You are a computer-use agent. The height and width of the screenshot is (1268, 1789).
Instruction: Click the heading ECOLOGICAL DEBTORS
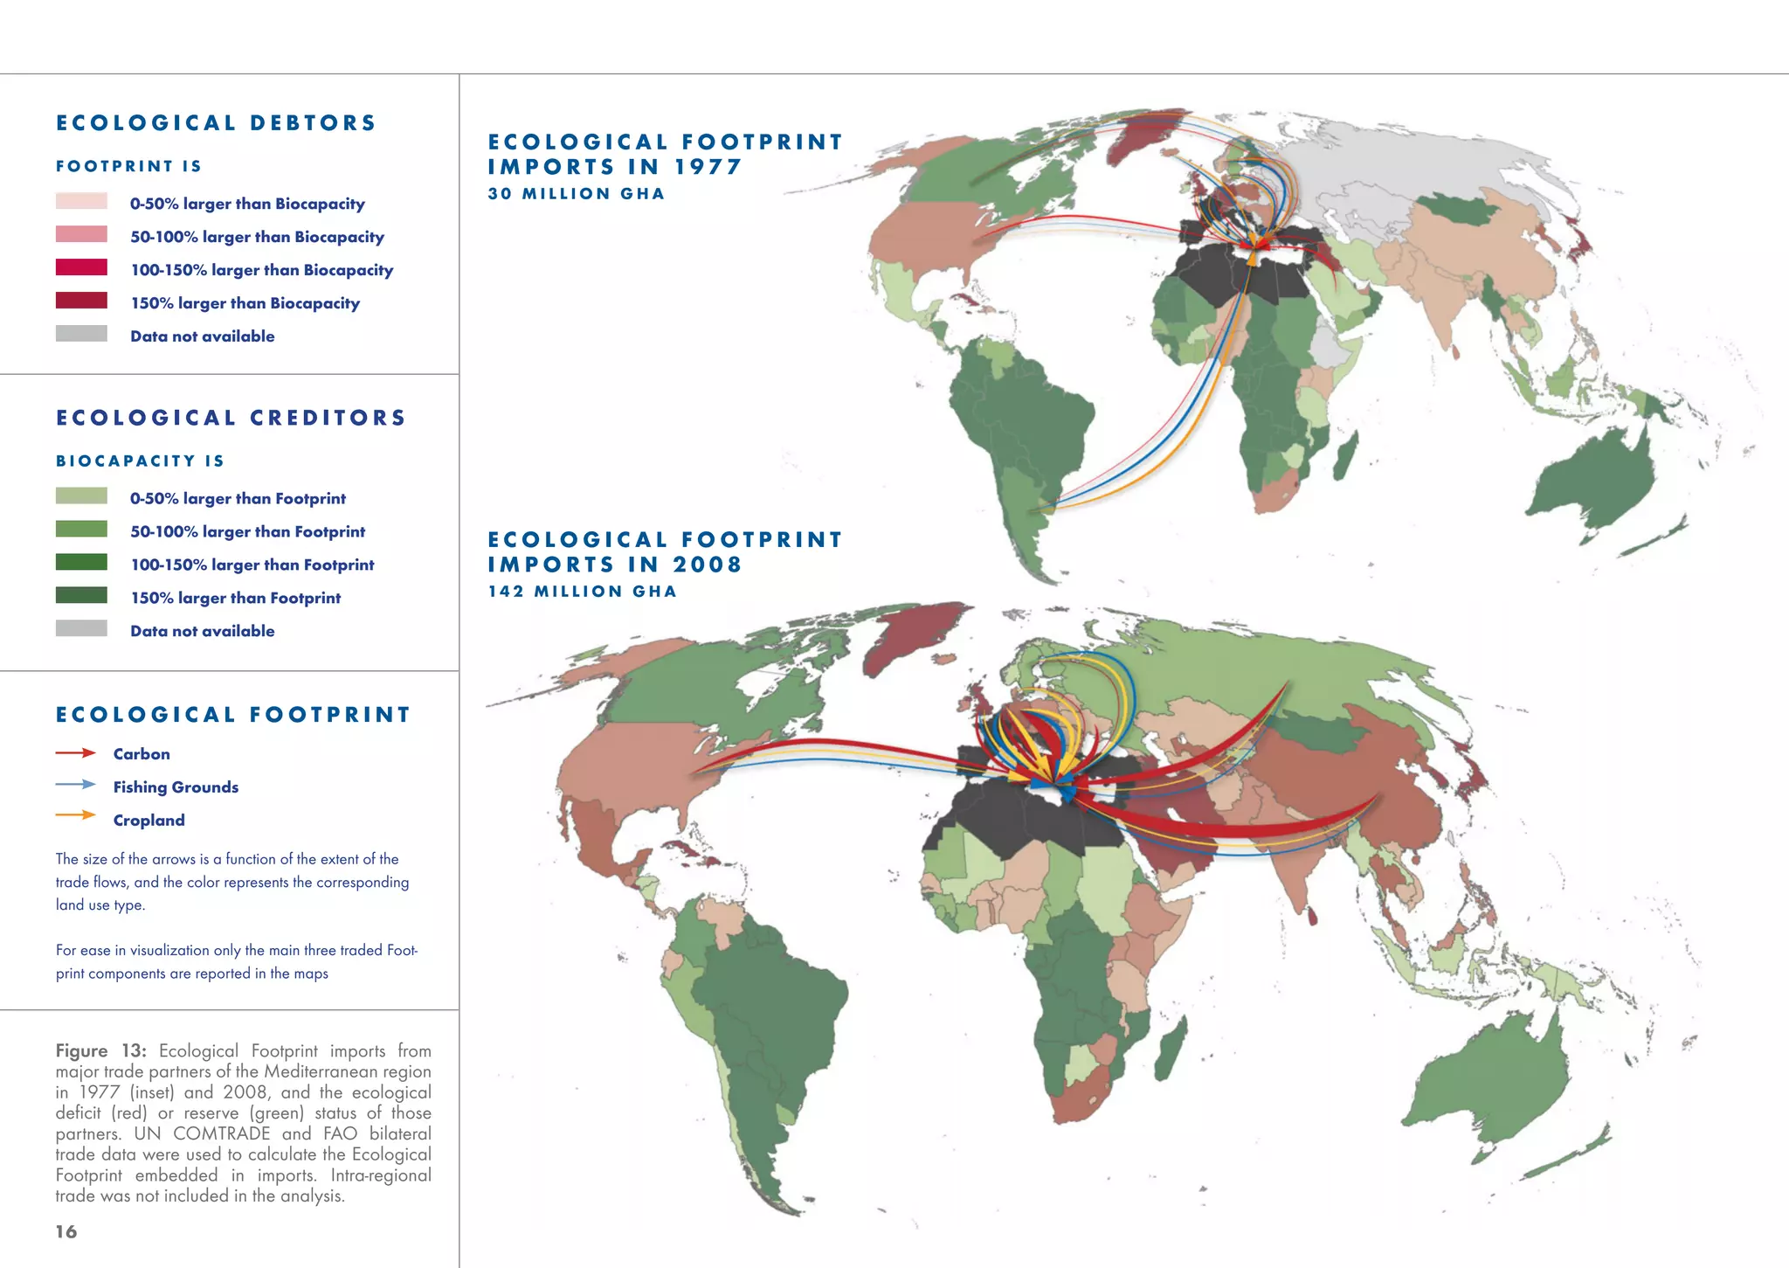point(216,123)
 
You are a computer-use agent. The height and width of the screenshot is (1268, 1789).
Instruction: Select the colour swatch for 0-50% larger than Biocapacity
point(81,202)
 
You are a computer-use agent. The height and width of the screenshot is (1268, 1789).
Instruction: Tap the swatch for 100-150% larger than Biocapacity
point(81,268)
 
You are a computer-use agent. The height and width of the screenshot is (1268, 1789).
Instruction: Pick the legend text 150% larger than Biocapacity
point(245,303)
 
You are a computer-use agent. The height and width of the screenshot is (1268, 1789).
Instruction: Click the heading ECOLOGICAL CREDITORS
point(231,418)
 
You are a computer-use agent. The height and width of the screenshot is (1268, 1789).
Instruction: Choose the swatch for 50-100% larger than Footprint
point(81,530)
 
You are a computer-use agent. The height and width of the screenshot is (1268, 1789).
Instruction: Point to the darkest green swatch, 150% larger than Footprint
point(81,596)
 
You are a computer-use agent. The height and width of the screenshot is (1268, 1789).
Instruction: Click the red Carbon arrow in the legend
point(75,752)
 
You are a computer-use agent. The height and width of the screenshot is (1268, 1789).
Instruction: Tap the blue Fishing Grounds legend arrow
point(75,785)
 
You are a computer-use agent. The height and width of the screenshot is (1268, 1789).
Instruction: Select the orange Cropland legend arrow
point(75,815)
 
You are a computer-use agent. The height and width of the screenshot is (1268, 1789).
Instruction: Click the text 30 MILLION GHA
point(577,194)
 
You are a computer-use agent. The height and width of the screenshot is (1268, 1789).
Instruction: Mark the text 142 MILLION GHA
point(583,592)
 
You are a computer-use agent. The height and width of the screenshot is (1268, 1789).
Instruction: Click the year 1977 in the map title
point(708,167)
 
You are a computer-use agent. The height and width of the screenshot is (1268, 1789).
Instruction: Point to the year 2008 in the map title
point(708,565)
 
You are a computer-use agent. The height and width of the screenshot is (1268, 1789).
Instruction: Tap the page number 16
point(66,1232)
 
